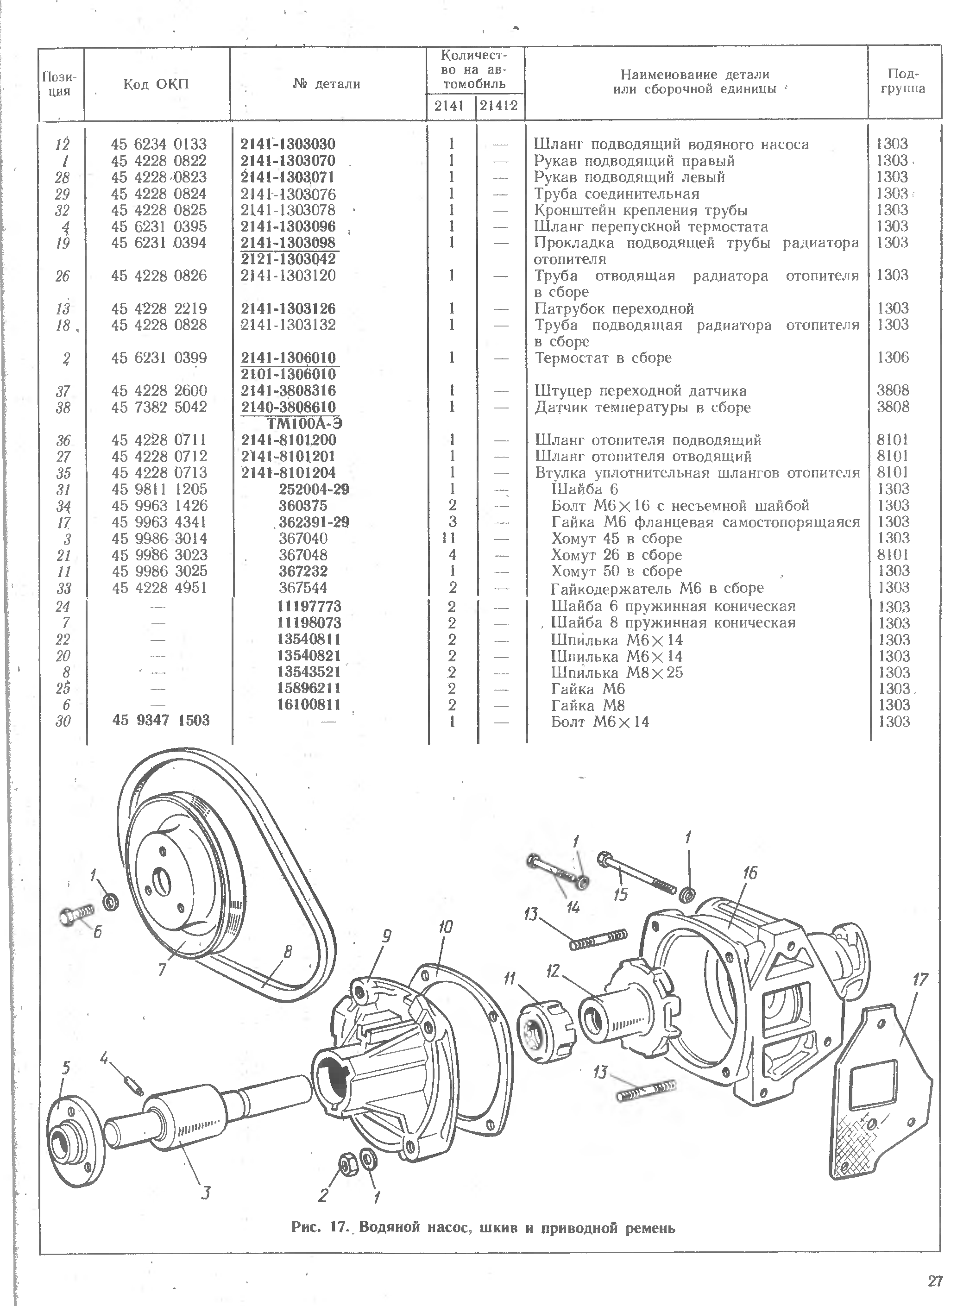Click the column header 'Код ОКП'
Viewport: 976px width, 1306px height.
pos(156,84)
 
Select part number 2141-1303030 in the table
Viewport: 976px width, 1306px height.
pos(288,144)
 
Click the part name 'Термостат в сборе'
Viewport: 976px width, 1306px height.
pos(603,358)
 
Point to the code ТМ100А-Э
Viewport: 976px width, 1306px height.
pos(305,423)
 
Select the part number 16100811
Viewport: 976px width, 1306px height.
pos(309,704)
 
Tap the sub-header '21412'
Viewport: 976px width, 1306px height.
pos(498,106)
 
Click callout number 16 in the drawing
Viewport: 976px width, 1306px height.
pos(749,873)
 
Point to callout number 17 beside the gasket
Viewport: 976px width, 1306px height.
pos(920,980)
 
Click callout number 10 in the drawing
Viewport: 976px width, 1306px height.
pos(445,927)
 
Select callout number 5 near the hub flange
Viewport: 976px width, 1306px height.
pos(66,1067)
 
